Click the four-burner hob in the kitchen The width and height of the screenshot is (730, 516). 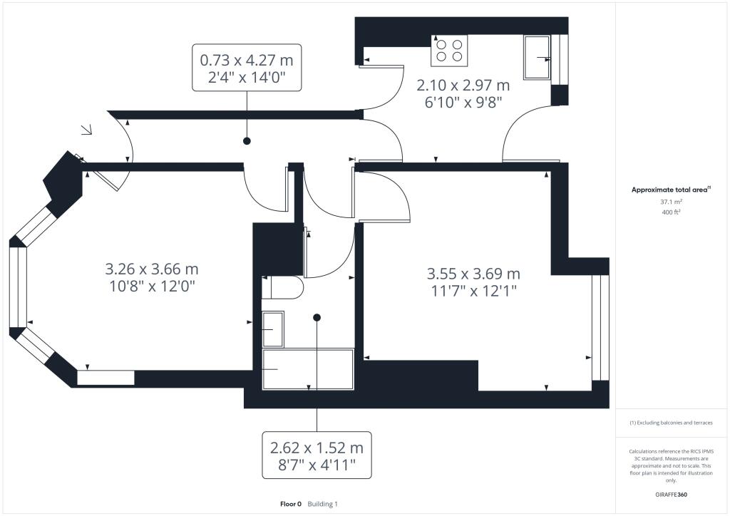(x=448, y=50)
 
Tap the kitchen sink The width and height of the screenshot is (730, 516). (x=537, y=57)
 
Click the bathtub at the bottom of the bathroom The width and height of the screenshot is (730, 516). (x=308, y=368)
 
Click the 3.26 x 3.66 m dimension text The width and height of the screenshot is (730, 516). (x=151, y=270)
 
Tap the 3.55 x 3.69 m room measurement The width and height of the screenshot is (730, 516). (x=473, y=274)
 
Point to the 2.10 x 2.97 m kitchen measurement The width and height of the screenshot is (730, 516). (x=463, y=86)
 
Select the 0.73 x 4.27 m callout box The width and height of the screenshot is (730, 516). (x=247, y=67)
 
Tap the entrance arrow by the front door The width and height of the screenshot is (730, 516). (x=87, y=130)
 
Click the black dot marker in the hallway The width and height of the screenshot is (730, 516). (x=247, y=141)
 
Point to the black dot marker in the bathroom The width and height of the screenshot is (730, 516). (x=317, y=317)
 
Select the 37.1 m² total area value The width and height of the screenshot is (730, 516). (x=671, y=202)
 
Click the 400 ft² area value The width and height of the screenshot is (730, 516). (x=671, y=212)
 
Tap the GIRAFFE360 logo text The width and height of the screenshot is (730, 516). (x=671, y=494)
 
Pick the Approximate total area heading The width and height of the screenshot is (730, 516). (x=670, y=190)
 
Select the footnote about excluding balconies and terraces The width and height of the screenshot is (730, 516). (x=671, y=423)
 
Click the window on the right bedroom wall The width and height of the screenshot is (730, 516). (x=600, y=327)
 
